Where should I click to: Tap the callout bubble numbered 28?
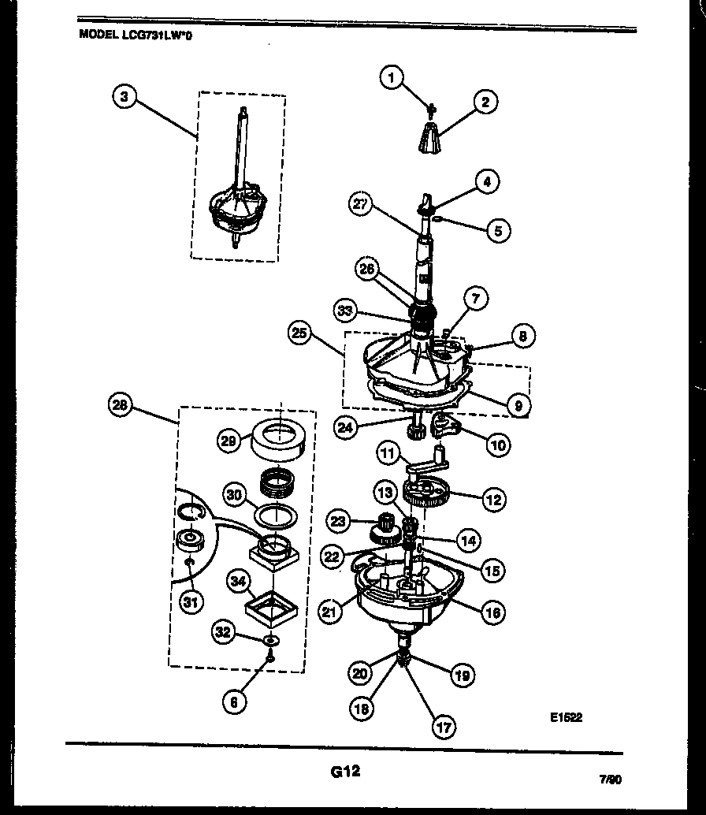[x=120, y=407]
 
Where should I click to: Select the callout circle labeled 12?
[x=494, y=499]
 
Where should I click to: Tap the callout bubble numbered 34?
[x=235, y=582]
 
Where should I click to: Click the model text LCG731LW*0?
[x=136, y=35]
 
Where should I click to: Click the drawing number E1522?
[x=566, y=717]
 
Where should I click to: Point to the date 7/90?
[x=610, y=780]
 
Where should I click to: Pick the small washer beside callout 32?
[x=271, y=638]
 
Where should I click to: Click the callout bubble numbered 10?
[x=498, y=445]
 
